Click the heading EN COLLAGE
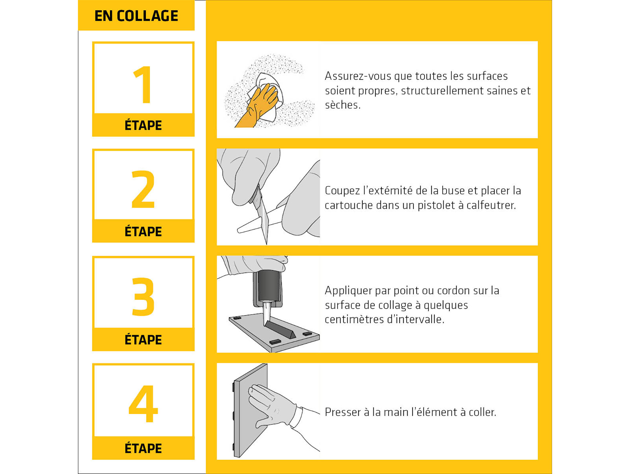pos(136,16)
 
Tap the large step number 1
pos(143,85)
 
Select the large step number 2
pos(143,189)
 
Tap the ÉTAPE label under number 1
pos(143,125)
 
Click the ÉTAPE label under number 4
pos(143,448)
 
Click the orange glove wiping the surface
pos(257,106)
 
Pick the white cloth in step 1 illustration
pos(267,96)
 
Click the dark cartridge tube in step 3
pos(268,286)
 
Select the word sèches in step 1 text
pos(343,105)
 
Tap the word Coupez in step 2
pos(342,191)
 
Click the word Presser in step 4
pos(343,412)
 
